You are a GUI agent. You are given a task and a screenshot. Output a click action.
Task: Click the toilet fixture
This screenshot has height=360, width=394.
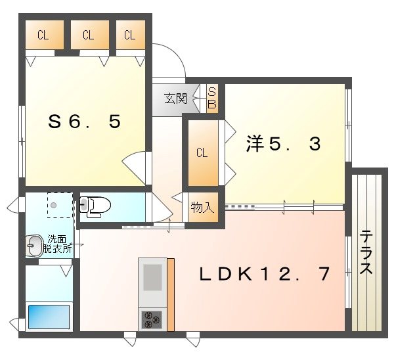(x=93, y=206)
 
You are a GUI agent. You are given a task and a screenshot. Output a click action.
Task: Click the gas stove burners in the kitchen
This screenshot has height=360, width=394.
(x=152, y=319)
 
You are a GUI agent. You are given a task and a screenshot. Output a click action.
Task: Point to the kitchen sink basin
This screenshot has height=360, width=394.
(x=152, y=277)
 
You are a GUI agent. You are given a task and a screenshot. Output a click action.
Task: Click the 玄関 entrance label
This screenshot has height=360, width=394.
(x=175, y=99)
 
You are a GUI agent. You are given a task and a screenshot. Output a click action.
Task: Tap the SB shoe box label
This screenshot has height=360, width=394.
(x=212, y=99)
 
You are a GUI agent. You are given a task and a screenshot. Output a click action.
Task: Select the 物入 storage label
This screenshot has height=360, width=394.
(x=202, y=208)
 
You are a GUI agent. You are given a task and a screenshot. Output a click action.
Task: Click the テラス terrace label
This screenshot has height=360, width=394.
(x=366, y=252)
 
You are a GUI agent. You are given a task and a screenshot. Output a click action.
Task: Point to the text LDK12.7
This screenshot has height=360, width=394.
(x=265, y=274)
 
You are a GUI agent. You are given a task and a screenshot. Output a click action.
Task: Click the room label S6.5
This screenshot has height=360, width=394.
(x=85, y=122)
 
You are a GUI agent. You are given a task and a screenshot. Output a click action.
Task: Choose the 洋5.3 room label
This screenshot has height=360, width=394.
(x=284, y=143)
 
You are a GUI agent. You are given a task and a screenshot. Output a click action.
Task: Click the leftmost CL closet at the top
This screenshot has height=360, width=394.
(x=43, y=36)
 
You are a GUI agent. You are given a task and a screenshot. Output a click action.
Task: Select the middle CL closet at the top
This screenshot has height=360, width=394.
(x=89, y=36)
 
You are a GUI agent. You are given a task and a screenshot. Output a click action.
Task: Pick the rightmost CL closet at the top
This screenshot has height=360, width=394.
(x=130, y=36)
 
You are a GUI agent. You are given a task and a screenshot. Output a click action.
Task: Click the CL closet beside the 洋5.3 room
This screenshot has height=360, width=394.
(x=202, y=153)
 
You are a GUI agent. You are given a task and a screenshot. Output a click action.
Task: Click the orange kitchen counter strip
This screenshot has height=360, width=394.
(x=171, y=294)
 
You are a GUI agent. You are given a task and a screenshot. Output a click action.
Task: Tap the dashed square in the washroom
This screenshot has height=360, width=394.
(x=60, y=204)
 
